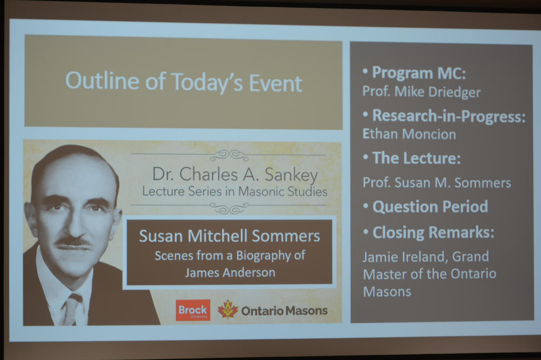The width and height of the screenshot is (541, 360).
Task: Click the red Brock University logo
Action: [x=193, y=310]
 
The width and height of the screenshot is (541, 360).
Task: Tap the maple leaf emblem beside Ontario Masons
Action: [x=228, y=309]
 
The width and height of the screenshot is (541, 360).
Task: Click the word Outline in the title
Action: [x=102, y=81]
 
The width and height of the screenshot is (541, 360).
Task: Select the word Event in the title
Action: [x=275, y=83]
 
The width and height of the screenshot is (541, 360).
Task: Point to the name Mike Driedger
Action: [x=438, y=92]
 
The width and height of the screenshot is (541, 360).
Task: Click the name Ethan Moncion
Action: [x=409, y=134]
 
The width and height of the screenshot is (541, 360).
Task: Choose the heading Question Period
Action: [x=430, y=206]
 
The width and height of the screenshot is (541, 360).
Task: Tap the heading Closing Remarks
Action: [x=433, y=232]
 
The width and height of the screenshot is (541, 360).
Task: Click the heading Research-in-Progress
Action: [x=449, y=116]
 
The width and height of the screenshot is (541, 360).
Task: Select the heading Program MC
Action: [x=419, y=73]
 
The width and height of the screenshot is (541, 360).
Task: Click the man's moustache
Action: [x=74, y=242]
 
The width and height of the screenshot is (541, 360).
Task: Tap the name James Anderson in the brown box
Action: [x=230, y=272]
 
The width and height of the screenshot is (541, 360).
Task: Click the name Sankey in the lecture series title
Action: [x=291, y=175]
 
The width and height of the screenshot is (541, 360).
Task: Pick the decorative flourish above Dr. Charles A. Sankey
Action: [x=229, y=155]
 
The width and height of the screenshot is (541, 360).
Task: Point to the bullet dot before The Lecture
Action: [x=366, y=157]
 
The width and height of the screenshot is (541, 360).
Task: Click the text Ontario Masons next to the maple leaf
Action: [x=285, y=311]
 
